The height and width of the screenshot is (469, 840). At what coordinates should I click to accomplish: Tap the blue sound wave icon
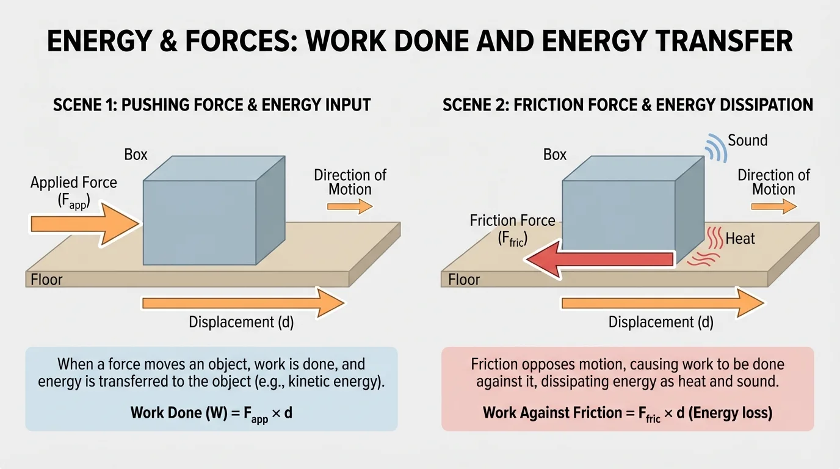click(x=714, y=147)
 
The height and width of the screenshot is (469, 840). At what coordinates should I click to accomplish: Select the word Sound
click(x=747, y=140)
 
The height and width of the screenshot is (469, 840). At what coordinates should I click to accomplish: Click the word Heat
click(x=740, y=239)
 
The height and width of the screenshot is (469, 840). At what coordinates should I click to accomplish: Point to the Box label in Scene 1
click(x=136, y=155)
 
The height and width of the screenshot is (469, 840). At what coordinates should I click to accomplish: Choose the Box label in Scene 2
click(x=555, y=155)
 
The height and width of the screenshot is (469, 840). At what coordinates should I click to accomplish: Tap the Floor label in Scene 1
click(x=47, y=280)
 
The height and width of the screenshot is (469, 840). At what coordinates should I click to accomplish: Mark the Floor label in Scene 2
click(x=464, y=280)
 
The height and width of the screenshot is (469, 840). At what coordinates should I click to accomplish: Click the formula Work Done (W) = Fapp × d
click(x=211, y=413)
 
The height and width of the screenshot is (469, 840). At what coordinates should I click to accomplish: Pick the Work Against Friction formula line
click(x=628, y=413)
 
